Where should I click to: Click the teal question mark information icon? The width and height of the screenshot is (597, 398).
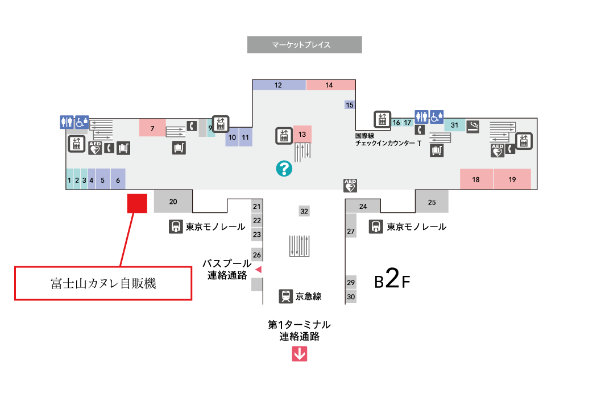pos(284,168)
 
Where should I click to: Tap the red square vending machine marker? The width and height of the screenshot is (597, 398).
pos(137,203)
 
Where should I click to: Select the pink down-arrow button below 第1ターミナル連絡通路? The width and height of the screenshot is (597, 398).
pos(300,354)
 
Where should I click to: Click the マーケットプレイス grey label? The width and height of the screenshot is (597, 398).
pos(305,45)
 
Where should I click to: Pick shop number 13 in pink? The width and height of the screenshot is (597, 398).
pos(302,135)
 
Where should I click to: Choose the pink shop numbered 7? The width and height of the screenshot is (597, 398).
pos(152,128)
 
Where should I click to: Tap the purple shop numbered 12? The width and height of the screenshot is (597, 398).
pos(279,85)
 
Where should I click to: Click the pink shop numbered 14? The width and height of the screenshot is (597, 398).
pos(330,85)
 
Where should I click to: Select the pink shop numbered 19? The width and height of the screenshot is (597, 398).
pos(512,179)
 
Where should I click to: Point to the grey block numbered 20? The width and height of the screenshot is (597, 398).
pos(173,202)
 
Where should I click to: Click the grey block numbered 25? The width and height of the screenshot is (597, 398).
pos(432,202)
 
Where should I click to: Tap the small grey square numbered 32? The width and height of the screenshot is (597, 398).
pos(304,211)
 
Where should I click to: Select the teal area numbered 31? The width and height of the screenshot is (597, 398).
pos(454,125)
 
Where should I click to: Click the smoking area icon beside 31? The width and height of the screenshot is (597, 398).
pos(473,126)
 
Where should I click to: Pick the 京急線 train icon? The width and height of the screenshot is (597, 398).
pos(286,296)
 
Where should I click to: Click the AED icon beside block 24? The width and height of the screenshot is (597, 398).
pos(350,185)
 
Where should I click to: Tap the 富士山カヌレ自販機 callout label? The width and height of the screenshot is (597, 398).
pos(103,283)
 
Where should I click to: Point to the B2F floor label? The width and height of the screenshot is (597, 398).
pos(392,281)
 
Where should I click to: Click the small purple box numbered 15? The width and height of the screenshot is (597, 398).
pos(350,104)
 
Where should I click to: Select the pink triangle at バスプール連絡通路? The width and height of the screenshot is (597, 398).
pos(258,269)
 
